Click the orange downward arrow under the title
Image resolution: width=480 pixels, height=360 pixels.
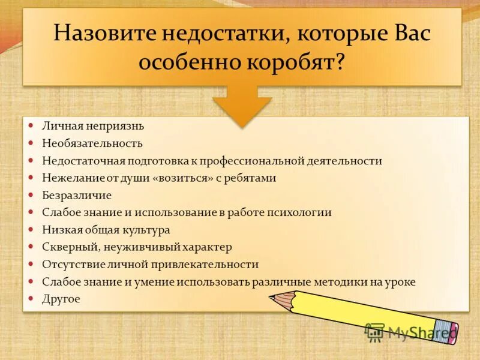[x=242, y=106]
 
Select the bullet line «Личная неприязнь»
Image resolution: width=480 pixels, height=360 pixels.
[x=93, y=126]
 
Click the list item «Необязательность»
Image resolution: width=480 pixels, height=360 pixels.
[x=92, y=143]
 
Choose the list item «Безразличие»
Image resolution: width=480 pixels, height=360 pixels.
[x=77, y=196]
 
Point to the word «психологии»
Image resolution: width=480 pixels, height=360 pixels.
[x=301, y=212]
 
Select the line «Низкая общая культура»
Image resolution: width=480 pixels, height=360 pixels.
[x=106, y=230]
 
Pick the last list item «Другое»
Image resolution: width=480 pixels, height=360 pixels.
[x=61, y=299]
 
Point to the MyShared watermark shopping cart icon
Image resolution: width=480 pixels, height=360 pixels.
[x=374, y=332]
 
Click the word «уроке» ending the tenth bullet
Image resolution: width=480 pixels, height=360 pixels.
[x=400, y=282]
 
